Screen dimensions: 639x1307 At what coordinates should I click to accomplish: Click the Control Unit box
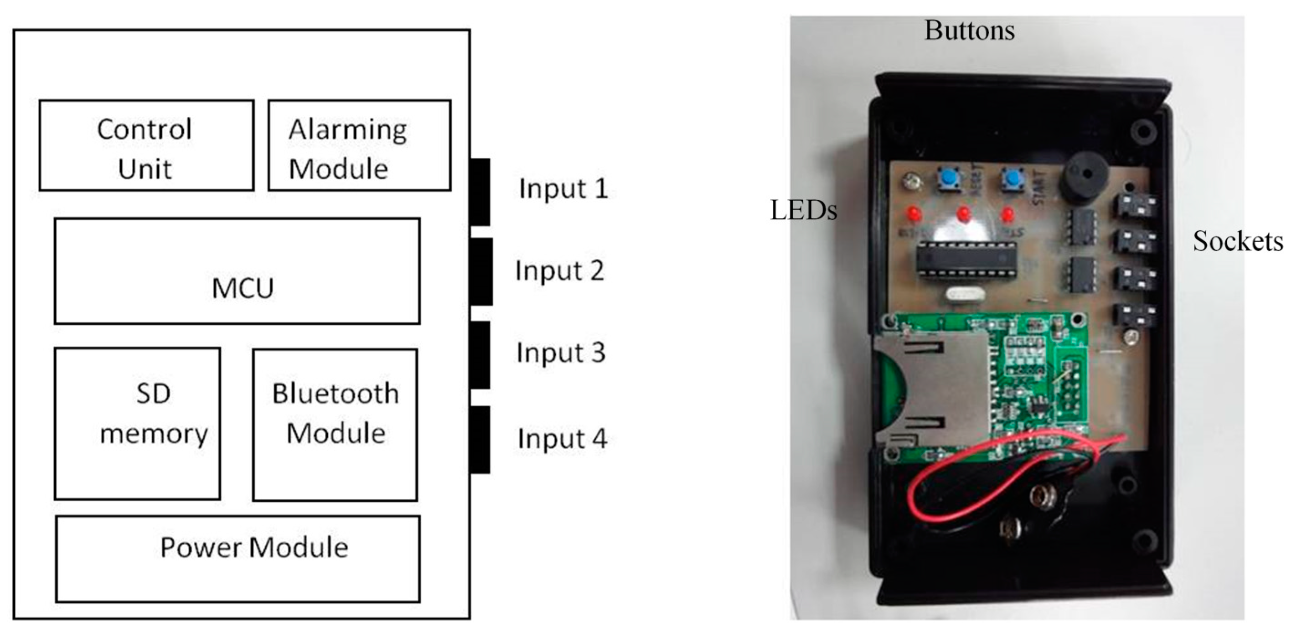146,145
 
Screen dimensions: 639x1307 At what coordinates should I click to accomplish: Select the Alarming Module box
359,145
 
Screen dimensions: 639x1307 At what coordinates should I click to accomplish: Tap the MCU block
237,271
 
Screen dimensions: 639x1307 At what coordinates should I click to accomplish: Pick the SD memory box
138,423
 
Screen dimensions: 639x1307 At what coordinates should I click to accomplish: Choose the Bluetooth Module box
336,424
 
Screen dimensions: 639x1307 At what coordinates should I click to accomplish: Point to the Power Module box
238,559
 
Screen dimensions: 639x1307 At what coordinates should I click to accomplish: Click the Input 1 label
563,189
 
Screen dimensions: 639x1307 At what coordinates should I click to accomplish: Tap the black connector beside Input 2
480,271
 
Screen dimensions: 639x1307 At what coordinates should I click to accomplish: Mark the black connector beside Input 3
480,355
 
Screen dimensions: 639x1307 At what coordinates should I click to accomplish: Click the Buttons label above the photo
969,31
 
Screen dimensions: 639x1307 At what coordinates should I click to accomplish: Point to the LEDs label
803,210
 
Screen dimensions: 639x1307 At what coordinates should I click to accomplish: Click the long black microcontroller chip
966,260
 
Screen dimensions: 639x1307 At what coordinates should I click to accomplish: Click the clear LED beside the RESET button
910,181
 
